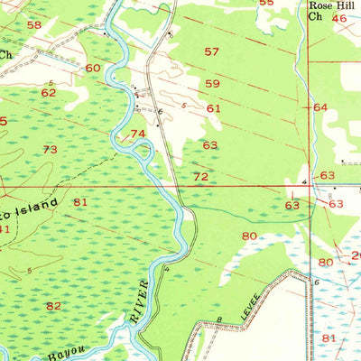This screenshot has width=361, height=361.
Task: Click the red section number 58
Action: click(34, 24)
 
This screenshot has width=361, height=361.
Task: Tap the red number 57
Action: click(212, 51)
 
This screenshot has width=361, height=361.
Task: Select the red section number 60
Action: click(93, 68)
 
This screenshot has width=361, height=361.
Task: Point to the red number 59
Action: click(212, 84)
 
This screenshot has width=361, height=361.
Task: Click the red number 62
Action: click(48, 92)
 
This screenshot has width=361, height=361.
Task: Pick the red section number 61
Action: click(213, 108)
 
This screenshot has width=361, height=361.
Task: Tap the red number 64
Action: click(320, 107)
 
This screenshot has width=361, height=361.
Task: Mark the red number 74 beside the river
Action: click(138, 134)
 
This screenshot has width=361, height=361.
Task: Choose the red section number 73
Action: click(50, 149)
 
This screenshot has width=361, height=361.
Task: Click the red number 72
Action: click(200, 176)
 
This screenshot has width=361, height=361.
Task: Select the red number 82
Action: click(54, 306)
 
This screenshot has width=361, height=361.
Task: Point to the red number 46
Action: click(338, 18)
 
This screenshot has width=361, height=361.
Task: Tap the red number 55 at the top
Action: click(265, 3)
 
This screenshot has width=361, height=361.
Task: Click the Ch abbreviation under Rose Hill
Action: click(314, 16)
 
